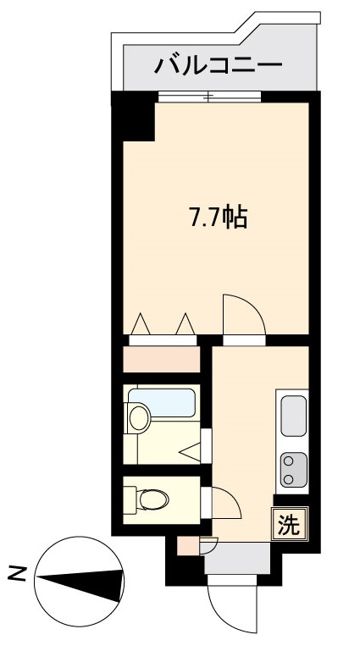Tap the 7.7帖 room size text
point(217,218)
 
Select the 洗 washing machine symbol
point(289,525)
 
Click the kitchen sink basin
point(293,416)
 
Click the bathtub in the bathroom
point(163,402)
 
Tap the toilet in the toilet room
point(152,501)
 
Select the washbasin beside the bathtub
point(138,417)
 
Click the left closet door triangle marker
point(141,324)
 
